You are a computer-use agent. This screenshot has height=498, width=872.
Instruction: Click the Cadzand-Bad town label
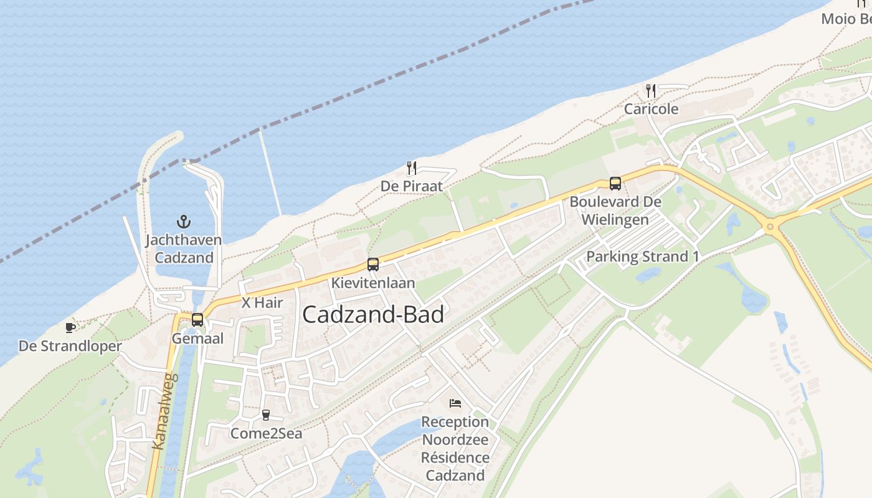coord(372,314)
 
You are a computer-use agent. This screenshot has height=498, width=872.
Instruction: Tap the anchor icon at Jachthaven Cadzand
coord(183,221)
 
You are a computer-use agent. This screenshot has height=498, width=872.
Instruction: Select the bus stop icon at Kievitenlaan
coord(372,265)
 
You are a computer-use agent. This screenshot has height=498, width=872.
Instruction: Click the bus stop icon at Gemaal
coord(197,320)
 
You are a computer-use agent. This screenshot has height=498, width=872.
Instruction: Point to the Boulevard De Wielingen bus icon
coord(615,184)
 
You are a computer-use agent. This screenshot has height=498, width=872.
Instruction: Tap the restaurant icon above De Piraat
coord(411,167)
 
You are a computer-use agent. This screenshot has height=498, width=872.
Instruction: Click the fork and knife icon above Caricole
coord(651,91)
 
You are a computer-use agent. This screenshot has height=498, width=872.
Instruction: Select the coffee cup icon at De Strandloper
coord(70,327)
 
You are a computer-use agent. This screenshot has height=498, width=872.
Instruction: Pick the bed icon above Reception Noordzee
coord(455,403)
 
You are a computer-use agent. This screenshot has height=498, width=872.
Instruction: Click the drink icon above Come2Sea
coord(266,415)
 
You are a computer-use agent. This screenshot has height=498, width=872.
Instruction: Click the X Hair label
coord(262,303)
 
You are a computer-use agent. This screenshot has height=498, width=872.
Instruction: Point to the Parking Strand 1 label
coord(643,256)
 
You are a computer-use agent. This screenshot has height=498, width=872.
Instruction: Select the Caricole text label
coord(652,109)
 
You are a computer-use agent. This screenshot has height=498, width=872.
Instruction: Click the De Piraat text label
coord(412,186)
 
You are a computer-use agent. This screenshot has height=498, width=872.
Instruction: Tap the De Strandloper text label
coord(70,346)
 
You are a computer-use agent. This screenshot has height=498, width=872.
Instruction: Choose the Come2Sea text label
coord(266,433)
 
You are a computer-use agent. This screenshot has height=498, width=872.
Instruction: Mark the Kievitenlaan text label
coord(373,283)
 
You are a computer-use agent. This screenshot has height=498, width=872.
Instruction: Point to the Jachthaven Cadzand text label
coord(184,248)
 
